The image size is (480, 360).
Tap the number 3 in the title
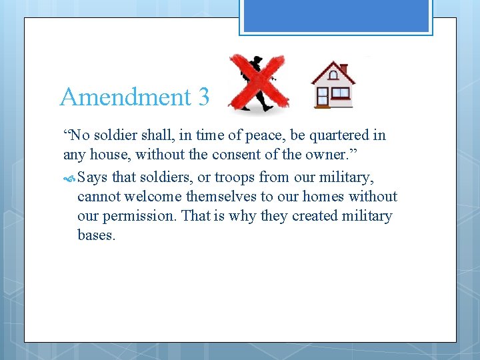pyautogui.click(x=203, y=97)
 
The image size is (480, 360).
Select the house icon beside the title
pyautogui.click(x=333, y=85)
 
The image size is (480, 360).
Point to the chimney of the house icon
pyautogui.click(x=343, y=69)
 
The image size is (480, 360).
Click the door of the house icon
pyautogui.click(x=323, y=97)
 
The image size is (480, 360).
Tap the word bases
pyautogui.click(x=97, y=235)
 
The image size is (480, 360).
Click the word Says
pyautogui.click(x=93, y=177)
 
